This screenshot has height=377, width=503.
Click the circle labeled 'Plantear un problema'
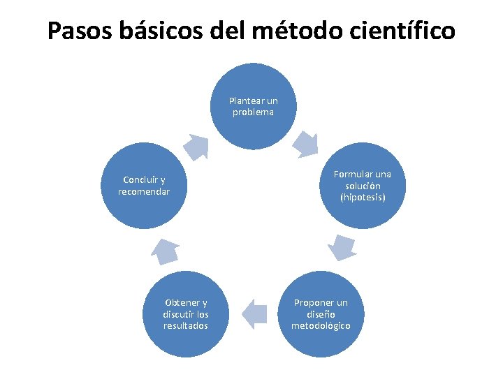click(x=253, y=106)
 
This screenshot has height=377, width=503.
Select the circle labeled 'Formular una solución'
click(x=362, y=186)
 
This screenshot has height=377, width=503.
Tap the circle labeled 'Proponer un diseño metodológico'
click(x=321, y=314)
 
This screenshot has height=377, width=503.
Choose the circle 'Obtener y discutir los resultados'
click(x=186, y=314)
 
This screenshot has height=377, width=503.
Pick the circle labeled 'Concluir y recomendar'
click(x=144, y=186)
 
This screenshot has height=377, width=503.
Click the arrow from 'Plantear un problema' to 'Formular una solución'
click(x=305, y=144)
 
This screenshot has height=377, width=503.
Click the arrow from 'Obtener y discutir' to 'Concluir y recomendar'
click(x=166, y=250)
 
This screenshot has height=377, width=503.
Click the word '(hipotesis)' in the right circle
click(x=363, y=198)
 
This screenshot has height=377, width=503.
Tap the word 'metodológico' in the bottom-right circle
click(x=321, y=326)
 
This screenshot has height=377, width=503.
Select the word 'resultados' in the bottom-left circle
click(x=186, y=326)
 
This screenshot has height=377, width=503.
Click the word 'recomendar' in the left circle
click(x=144, y=191)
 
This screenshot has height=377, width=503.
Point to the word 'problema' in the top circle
click(x=253, y=112)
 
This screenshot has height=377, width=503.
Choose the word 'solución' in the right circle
click(x=363, y=186)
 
